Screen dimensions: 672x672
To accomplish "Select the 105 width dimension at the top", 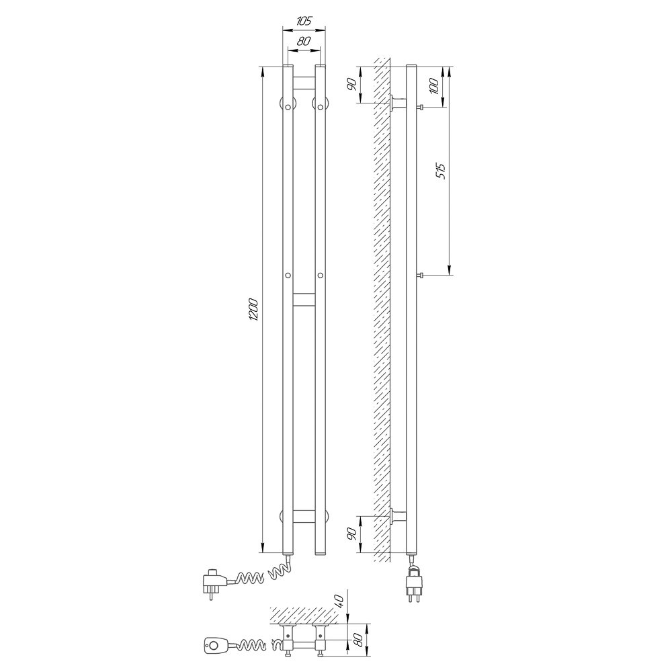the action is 304,21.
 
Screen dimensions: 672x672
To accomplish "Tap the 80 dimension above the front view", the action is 304,42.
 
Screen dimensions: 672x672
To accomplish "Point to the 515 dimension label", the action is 442,171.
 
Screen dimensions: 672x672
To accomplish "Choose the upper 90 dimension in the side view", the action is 352,85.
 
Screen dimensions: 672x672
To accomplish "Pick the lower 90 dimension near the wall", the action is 352,534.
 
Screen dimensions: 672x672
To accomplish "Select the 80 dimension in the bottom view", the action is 359,640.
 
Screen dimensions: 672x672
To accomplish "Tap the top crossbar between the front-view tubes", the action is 304,83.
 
